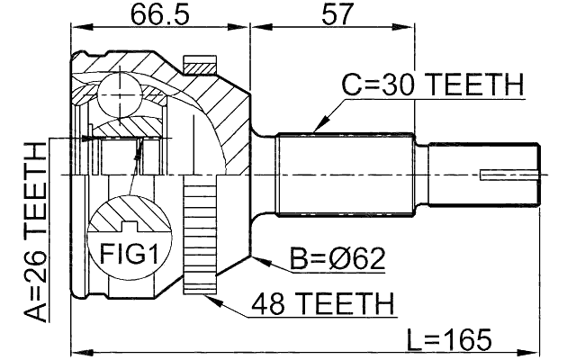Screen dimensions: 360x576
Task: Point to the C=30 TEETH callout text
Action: (x=432, y=85)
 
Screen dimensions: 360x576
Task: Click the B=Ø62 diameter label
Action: (x=337, y=260)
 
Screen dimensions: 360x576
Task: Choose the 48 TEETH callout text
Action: (x=323, y=303)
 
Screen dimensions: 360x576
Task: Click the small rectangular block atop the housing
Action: (x=200, y=65)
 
